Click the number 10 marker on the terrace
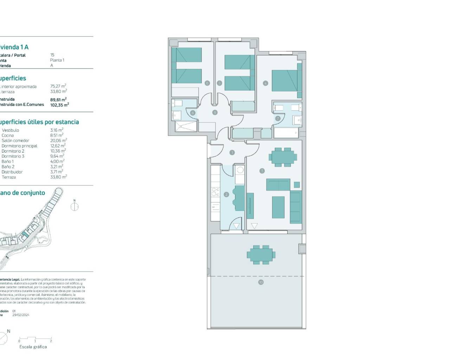click(x=261, y=282)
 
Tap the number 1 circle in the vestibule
click(x=232, y=153)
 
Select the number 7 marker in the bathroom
click(x=278, y=118)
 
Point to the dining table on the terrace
click(x=261, y=254)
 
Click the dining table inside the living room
click(x=282, y=157)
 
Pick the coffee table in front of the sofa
click(x=278, y=207)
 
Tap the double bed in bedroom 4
click(x=284, y=81)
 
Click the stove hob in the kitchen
click(x=215, y=192)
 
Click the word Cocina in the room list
click(x=8, y=135)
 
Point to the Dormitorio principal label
click(x=19, y=146)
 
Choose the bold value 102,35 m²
click(x=59, y=104)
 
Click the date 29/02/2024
click(x=21, y=315)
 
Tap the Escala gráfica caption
click(x=33, y=347)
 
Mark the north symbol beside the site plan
click(x=75, y=206)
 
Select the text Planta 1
click(x=57, y=60)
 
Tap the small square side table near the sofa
click(x=297, y=185)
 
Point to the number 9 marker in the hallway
click(x=214, y=112)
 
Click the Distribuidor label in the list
click(x=12, y=172)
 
